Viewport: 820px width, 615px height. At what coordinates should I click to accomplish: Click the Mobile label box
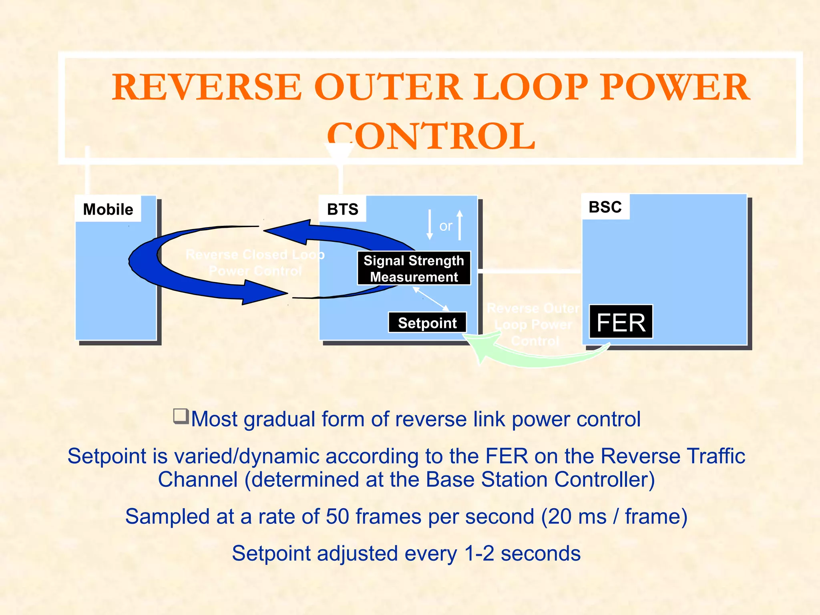click(108, 209)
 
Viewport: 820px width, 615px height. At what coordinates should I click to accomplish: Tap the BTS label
click(343, 209)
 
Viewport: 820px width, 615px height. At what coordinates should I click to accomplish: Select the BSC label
click(605, 207)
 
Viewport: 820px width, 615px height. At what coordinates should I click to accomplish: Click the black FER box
click(621, 322)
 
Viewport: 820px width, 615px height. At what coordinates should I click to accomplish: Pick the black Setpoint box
click(427, 323)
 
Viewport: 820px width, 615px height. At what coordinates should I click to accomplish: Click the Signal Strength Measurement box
click(414, 268)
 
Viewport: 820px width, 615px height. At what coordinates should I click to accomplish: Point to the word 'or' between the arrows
click(446, 226)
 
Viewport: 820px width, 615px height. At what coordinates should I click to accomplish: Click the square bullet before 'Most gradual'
click(181, 416)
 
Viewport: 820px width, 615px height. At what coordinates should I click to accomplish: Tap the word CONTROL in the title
click(431, 136)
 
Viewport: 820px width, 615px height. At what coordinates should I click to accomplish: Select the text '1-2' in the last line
click(479, 554)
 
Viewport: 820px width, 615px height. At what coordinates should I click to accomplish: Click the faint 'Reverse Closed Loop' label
click(255, 255)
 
